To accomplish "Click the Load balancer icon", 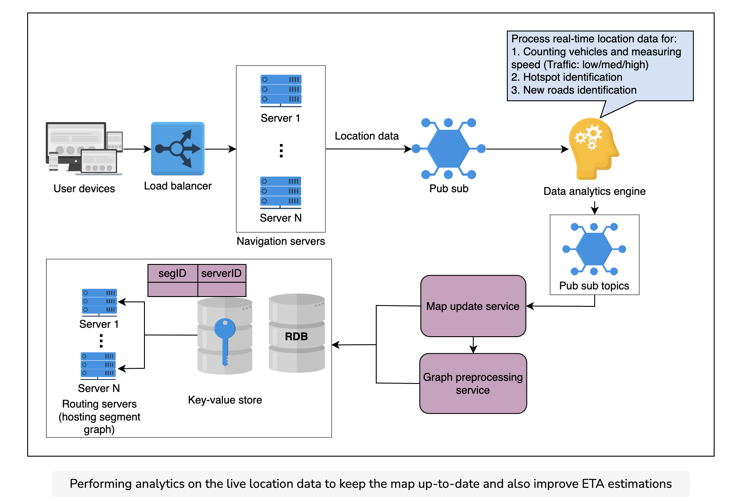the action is [178, 148].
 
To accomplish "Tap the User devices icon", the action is [84, 148].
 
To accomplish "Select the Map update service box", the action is [473, 306].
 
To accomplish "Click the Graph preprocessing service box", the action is [473, 383].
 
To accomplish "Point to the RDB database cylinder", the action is [296, 333].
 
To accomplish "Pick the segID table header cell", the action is [173, 273].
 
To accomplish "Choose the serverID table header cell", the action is [222, 273].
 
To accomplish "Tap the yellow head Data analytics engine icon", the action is [594, 149].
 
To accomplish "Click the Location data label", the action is [367, 136].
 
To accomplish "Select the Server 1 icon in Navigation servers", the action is [281, 91].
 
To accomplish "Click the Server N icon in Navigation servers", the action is [280, 192].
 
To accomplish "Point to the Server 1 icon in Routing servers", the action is [99, 302].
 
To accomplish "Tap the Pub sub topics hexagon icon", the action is [594, 249].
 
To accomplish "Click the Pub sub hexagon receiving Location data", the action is [448, 148].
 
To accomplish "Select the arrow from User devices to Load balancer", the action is [137, 149].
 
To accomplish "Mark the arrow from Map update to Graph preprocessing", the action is [473, 345].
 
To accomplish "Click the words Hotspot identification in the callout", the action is [573, 77].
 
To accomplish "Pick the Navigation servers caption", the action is [281, 241].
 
